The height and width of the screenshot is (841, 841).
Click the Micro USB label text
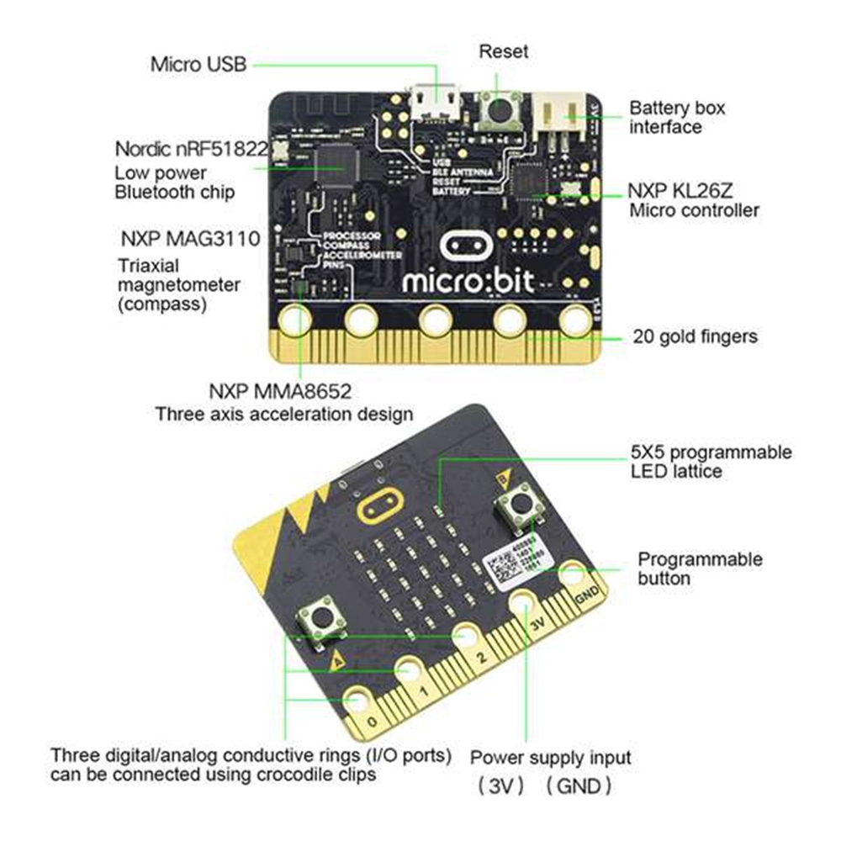[x=198, y=64]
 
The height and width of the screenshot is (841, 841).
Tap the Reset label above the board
[x=503, y=51]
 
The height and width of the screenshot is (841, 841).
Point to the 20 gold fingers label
[x=695, y=336]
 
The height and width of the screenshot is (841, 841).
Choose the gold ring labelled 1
[x=410, y=670]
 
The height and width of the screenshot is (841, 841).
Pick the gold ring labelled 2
[x=464, y=637]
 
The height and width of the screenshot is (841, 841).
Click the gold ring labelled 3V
[x=522, y=602]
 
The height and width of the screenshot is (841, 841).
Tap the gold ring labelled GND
[x=574, y=575]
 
